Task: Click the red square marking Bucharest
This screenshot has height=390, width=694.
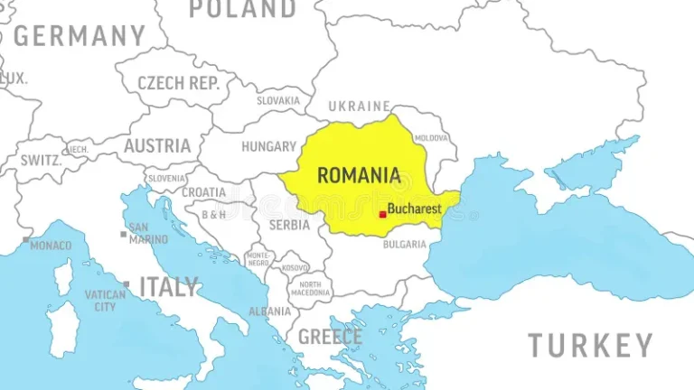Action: tap(382, 214)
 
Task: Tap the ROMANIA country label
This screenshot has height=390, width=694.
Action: tap(359, 175)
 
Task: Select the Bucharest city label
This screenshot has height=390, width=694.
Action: tap(414, 209)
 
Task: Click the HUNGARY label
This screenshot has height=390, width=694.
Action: tap(268, 146)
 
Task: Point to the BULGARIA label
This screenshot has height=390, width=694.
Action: tap(405, 244)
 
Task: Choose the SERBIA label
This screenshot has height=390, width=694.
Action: tap(290, 225)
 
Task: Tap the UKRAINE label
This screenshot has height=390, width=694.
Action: tap(360, 106)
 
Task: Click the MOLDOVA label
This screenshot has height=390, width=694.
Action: tap(431, 137)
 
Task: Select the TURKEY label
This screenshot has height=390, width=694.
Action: tap(590, 345)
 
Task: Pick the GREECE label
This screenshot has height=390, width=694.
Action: tap(330, 338)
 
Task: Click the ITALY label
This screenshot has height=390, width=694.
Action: tap(168, 288)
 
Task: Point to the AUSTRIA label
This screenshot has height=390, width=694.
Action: tap(157, 145)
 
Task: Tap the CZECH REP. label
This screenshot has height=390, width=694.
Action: tap(179, 83)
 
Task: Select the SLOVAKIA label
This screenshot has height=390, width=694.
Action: tap(278, 101)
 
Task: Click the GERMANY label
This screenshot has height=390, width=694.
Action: tap(79, 36)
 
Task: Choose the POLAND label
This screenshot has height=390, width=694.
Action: tap(241, 9)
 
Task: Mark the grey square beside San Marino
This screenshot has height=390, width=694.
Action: tap(123, 234)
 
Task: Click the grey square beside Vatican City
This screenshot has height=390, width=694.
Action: tap(126, 284)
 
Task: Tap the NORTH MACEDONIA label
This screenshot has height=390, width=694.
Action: tap(310, 288)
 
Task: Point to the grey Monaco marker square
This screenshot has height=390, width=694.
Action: tap(26, 239)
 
